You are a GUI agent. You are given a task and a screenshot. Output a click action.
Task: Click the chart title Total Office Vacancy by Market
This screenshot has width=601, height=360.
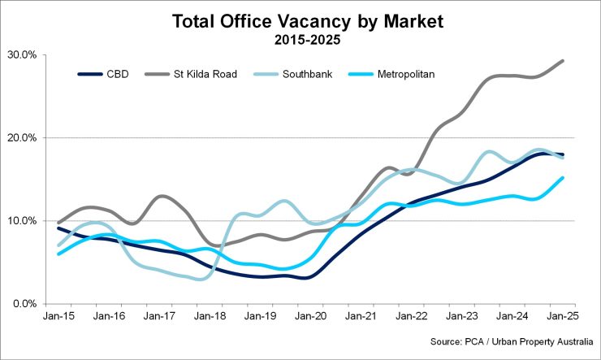308,22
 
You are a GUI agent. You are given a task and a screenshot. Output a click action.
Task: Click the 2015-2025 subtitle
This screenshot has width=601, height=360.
308,38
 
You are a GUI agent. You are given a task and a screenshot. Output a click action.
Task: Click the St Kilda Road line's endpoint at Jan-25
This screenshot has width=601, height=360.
563,61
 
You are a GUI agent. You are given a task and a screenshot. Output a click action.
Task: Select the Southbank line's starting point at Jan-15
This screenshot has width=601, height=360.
58,245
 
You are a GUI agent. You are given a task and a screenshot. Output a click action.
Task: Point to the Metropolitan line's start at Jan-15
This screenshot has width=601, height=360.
58,254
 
